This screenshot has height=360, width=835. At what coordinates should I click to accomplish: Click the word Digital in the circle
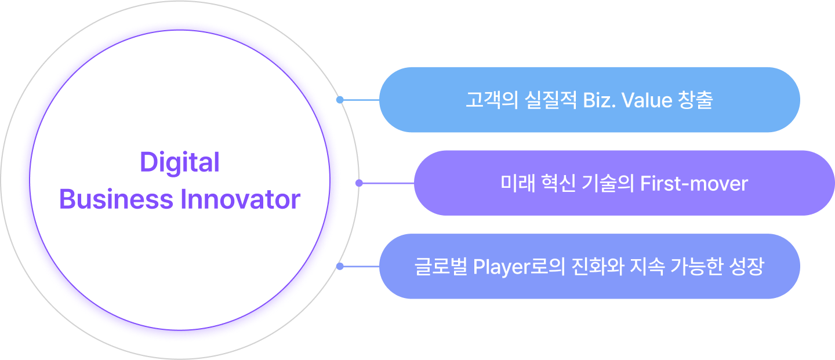coord(180,163)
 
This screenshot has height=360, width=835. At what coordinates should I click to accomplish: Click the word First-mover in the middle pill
coord(694,184)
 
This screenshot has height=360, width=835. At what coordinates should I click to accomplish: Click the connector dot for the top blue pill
coord(340,100)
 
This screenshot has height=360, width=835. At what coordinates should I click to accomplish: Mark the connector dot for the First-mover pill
coord(359,183)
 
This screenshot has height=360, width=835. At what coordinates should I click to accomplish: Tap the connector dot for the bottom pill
coord(340,267)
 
